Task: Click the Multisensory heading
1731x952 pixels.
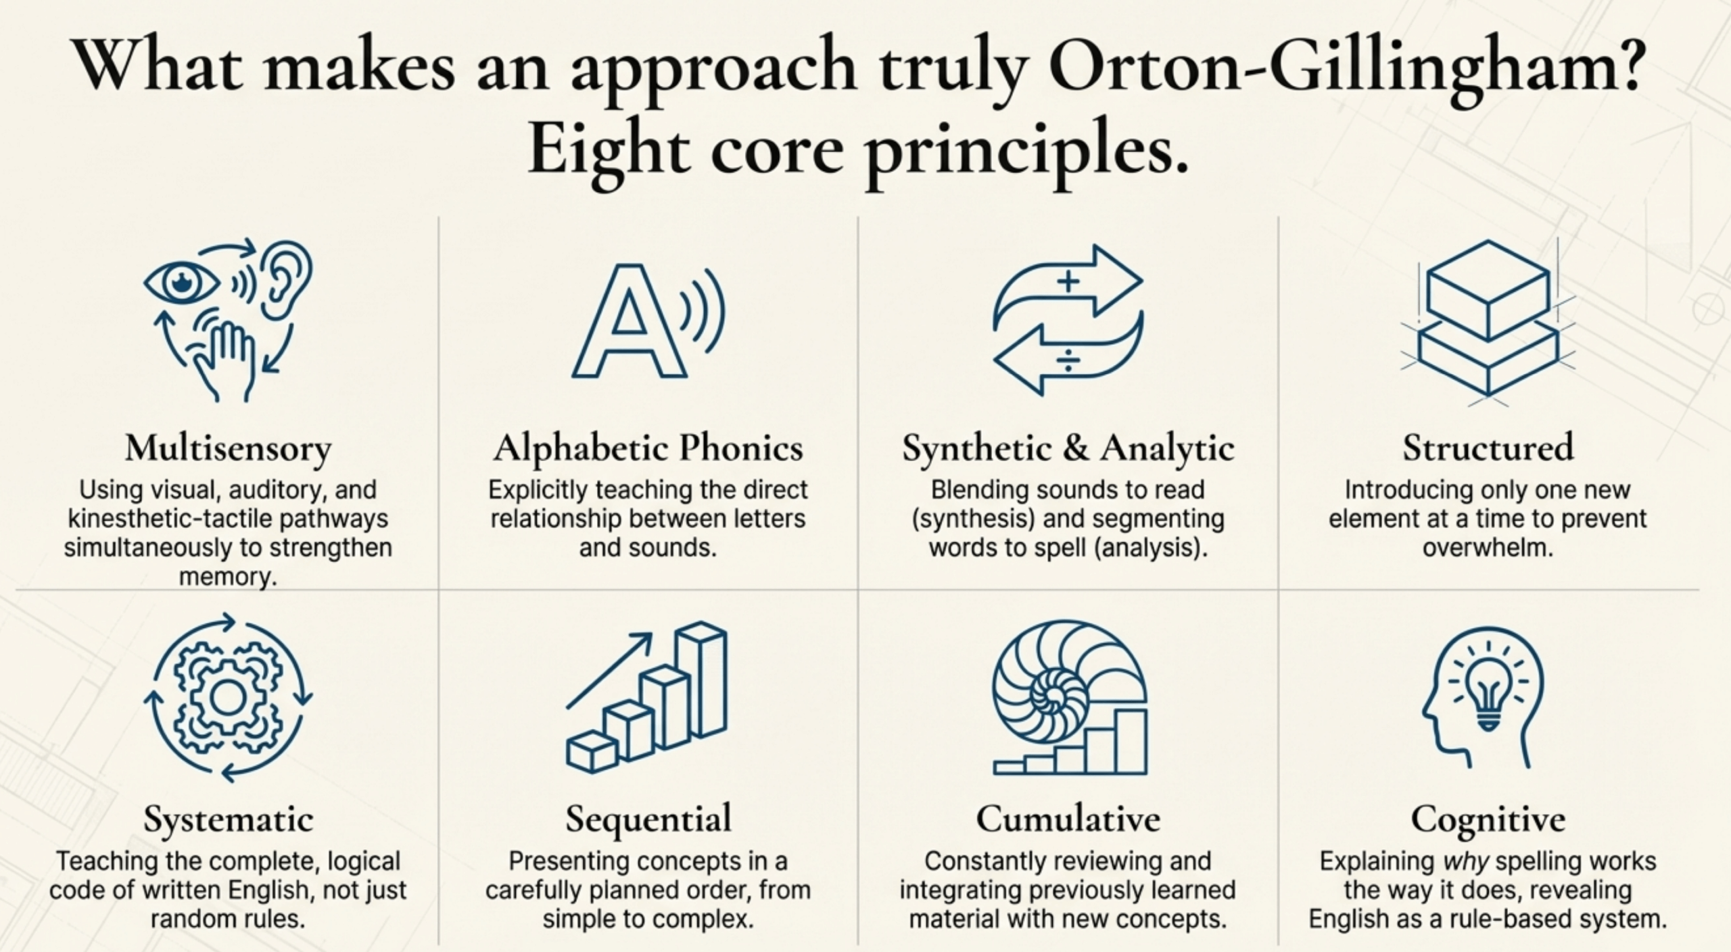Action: coord(229,449)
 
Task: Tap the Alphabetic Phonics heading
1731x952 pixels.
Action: coord(648,449)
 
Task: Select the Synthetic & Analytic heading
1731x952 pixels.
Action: coord(1068,449)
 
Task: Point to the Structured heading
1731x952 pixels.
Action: coord(1488,448)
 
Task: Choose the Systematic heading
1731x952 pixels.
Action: coord(229,819)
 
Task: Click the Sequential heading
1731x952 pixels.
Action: coord(648,819)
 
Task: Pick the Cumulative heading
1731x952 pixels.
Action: coord(1068,819)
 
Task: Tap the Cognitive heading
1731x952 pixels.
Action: coord(1488,819)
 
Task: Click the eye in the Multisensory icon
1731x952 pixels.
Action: coord(181,283)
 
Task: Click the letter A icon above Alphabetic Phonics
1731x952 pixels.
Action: coord(629,320)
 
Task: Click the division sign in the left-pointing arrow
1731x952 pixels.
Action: coord(1068,360)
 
